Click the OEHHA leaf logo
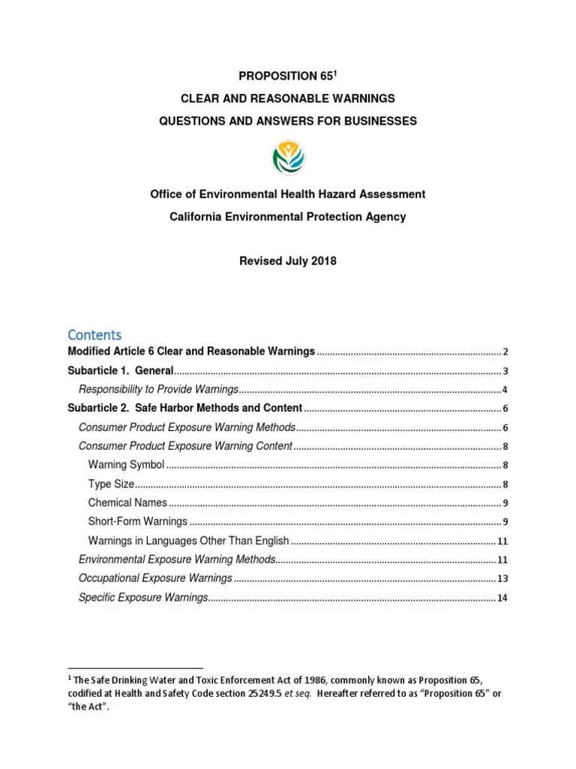pos(288,156)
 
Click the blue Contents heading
pos(94,334)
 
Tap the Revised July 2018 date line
pos(288,261)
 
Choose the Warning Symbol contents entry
pos(126,465)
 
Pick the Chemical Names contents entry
pos(128,502)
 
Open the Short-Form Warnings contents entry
pos(137,521)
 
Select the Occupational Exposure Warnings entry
pos(155,578)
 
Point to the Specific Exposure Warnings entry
pos(142,597)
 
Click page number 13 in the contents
pos(503,579)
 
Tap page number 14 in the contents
pos(503,598)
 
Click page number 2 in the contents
pos(506,352)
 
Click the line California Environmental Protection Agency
pos(288,216)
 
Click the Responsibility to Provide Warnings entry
pos(158,389)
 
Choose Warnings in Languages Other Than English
pos(188,540)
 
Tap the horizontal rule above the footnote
pos(135,667)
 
